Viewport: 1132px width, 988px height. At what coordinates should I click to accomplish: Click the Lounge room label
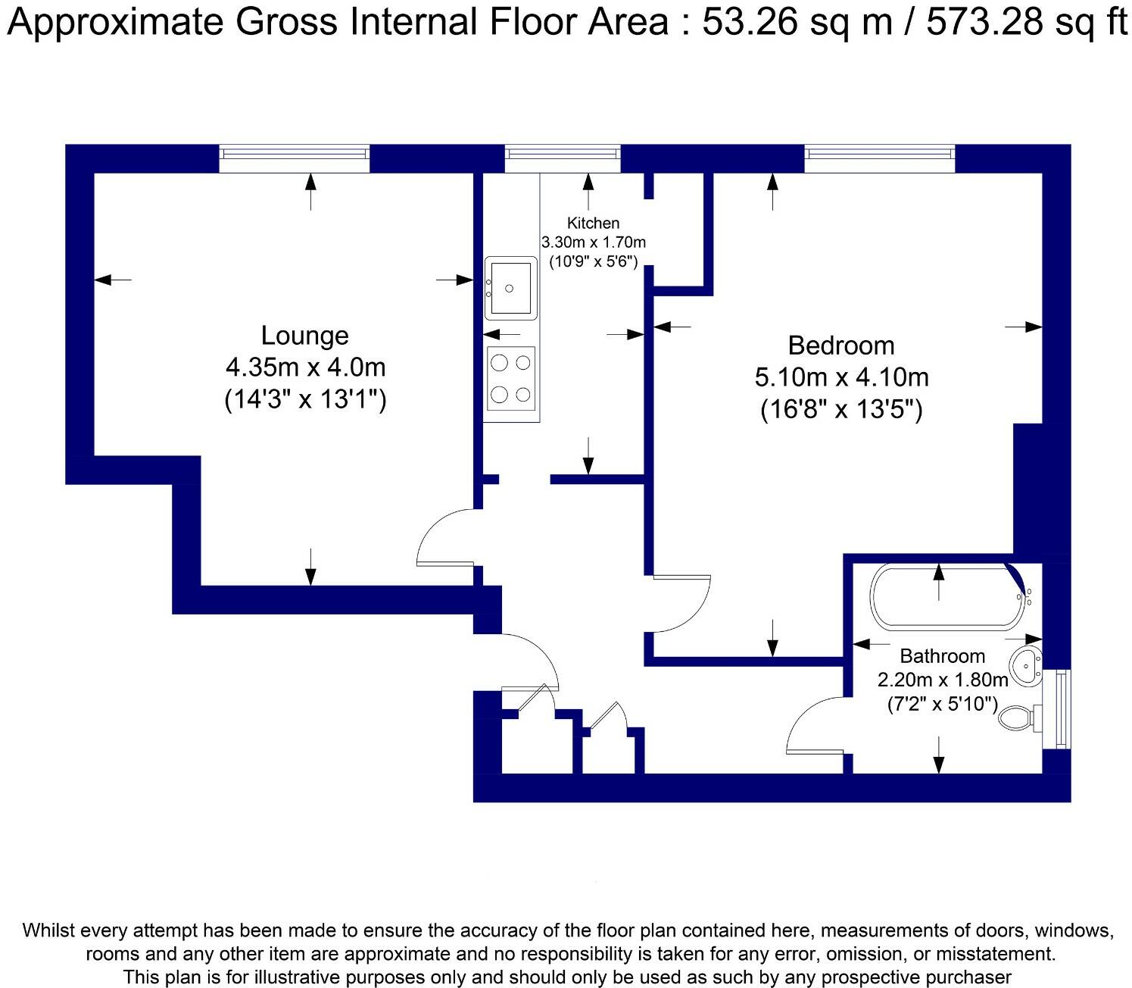(305, 336)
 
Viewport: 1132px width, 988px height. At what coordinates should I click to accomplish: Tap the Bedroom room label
(841, 346)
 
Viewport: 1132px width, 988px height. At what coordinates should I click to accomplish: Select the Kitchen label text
(593, 223)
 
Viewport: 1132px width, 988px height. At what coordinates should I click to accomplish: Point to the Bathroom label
(942, 656)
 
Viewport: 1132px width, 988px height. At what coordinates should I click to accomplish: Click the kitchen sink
(510, 288)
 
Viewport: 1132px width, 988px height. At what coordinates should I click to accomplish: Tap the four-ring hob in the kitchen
(511, 379)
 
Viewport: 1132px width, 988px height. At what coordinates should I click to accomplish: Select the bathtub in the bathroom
(948, 598)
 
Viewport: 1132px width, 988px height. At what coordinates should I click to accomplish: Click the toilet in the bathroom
(1021, 718)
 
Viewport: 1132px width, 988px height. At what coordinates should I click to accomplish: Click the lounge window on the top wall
(295, 159)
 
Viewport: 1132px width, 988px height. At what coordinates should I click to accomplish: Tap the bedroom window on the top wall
(880, 159)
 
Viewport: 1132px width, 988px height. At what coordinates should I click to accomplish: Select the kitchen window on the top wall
(563, 159)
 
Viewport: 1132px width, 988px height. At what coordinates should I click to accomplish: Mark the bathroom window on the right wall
(1057, 709)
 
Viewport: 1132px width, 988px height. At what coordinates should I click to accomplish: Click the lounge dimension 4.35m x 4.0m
(305, 367)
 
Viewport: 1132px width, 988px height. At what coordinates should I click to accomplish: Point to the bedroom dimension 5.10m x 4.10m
(841, 377)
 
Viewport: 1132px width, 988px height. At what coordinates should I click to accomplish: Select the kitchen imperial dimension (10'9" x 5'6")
(593, 261)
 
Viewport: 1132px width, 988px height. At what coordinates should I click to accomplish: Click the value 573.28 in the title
(984, 22)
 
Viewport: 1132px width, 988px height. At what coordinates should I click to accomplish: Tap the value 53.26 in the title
(750, 22)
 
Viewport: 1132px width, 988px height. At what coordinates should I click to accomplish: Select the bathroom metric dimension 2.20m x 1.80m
(943, 679)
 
